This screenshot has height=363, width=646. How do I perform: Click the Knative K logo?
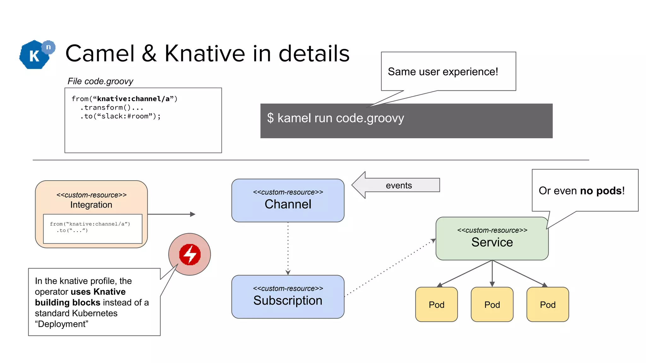click(x=35, y=55)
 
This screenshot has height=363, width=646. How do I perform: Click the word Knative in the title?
click(x=204, y=54)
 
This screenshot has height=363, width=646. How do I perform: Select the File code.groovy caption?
click(x=100, y=81)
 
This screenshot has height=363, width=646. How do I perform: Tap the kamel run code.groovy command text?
click(x=336, y=118)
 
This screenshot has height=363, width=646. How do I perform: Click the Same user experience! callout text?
click(x=443, y=72)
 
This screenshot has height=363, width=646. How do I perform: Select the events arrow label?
click(x=399, y=185)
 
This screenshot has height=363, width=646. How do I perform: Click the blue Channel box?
click(x=288, y=201)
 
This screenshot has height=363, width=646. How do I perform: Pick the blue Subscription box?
click(x=288, y=297)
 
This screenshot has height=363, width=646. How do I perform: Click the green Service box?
click(x=492, y=239)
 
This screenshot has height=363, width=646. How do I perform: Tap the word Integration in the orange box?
click(x=91, y=205)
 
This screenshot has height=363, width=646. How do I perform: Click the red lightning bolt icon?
click(x=190, y=254)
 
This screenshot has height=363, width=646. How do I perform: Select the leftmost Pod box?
click(x=436, y=304)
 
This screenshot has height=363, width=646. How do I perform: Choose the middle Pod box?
click(x=492, y=304)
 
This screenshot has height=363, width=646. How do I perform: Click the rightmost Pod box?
click(x=548, y=304)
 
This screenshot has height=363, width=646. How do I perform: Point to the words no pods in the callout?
click(x=601, y=191)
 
